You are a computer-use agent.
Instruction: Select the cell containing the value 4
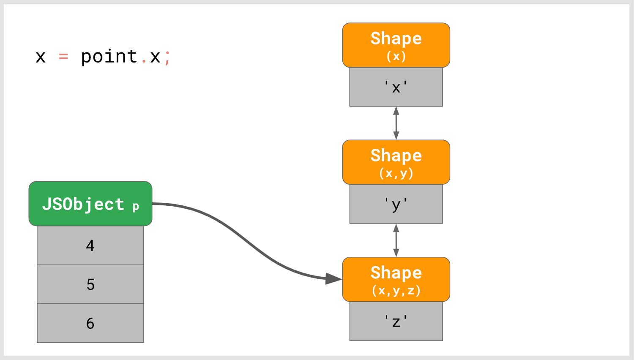[x=90, y=245]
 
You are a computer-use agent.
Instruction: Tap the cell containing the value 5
[x=90, y=284]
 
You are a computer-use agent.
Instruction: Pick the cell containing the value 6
[x=90, y=323]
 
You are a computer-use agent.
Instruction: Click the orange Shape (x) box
[x=396, y=45]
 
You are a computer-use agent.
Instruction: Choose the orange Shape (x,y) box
[x=396, y=162]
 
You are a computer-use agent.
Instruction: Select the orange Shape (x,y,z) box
[x=396, y=279]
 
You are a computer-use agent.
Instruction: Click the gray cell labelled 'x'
[x=396, y=87]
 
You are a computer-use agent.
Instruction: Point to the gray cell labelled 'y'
[x=396, y=204]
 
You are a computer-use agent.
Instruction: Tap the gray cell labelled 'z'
[x=396, y=321]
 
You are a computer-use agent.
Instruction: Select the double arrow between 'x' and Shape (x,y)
[x=396, y=123]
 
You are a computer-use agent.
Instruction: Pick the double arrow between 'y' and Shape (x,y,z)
[x=396, y=240]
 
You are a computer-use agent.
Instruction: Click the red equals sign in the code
[x=63, y=57]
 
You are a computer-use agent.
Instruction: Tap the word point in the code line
[x=109, y=57]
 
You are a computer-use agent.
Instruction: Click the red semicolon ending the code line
[x=167, y=57]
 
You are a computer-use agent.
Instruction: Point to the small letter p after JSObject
[x=136, y=207]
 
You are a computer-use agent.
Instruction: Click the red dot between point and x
[x=144, y=62]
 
